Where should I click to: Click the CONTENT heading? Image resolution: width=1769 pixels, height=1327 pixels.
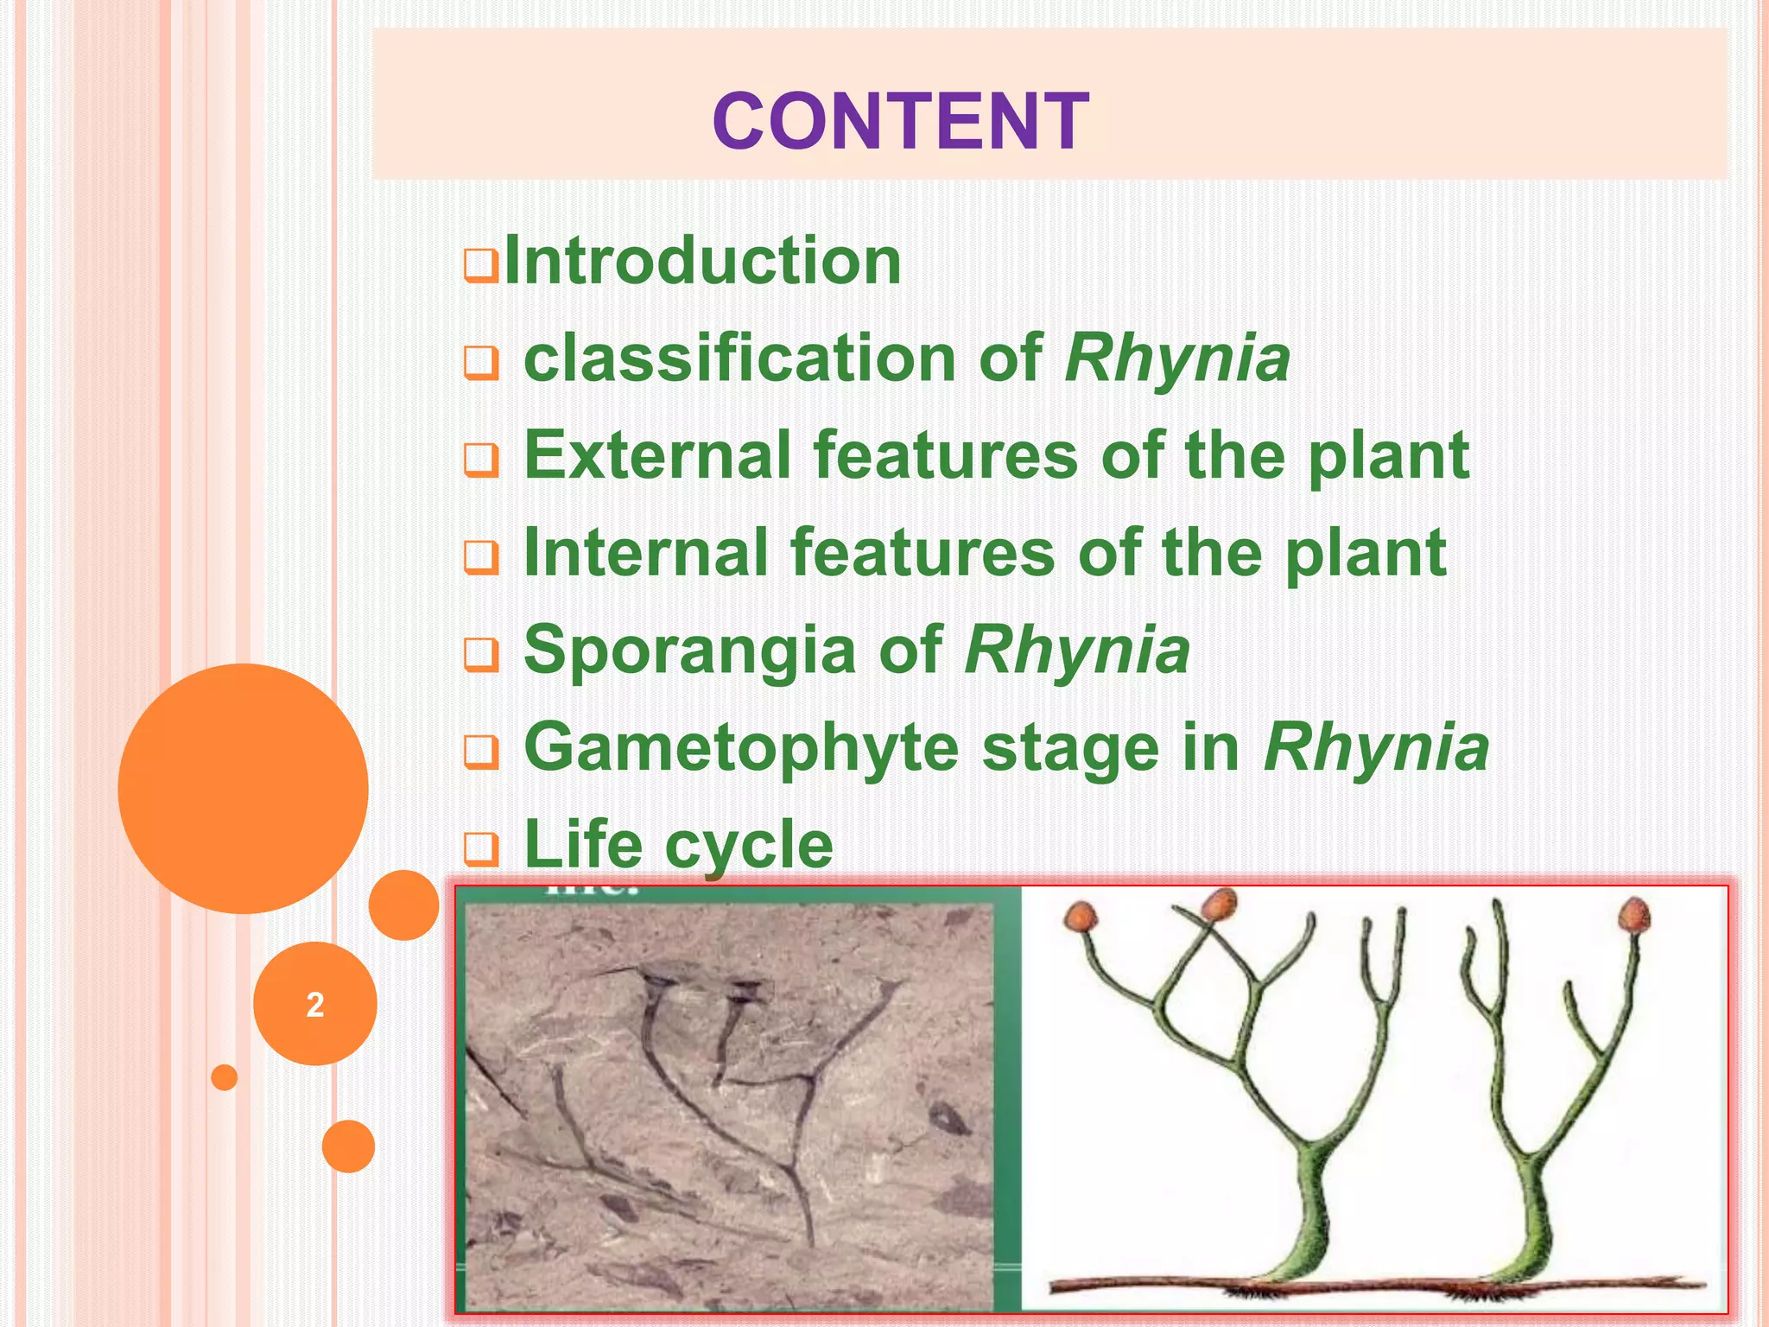point(900,122)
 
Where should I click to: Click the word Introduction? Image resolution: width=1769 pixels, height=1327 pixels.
point(702,261)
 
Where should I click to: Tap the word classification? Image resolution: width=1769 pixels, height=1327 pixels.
point(739,359)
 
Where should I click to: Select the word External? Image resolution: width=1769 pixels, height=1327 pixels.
point(657,455)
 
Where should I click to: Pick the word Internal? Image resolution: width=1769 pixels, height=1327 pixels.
point(646,553)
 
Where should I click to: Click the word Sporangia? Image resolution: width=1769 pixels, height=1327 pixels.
point(689,651)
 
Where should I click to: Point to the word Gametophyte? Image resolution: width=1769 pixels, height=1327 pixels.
point(741,747)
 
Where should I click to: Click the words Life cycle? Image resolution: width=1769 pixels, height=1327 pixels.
point(678,845)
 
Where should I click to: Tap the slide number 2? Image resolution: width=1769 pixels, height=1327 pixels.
point(314,1005)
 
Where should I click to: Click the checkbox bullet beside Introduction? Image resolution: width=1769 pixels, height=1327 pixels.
point(480,266)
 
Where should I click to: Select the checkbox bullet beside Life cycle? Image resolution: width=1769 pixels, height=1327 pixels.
point(480,849)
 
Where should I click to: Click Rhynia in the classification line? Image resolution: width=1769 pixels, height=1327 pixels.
point(1177,359)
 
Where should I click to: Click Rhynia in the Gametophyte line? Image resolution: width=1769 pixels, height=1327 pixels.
point(1376,747)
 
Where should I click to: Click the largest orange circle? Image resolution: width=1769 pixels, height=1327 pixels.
point(243,788)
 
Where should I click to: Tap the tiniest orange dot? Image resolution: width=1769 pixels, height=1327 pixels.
point(224,1077)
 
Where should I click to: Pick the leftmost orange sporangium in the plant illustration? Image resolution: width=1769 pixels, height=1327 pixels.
point(1080,916)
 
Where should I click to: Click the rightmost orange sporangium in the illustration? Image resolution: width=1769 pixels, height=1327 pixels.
point(1633,915)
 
